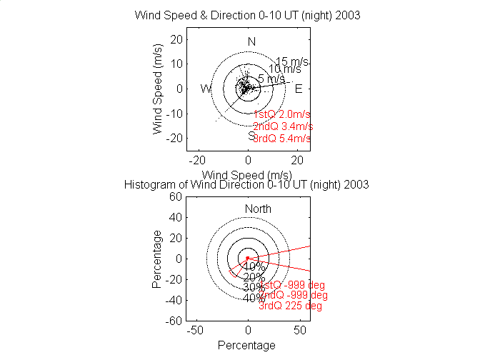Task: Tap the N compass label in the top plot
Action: point(251,41)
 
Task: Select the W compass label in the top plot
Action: point(206,89)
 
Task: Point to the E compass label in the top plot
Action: point(299,89)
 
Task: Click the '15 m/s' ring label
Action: point(291,61)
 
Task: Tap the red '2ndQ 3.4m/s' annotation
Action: point(283,126)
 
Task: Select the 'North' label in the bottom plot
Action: point(258,209)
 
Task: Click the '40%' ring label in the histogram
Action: point(254,299)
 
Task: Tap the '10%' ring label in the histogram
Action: point(254,266)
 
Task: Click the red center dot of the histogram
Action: point(248,258)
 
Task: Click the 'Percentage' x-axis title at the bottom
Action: point(246,345)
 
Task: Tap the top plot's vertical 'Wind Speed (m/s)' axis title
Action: point(157,89)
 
